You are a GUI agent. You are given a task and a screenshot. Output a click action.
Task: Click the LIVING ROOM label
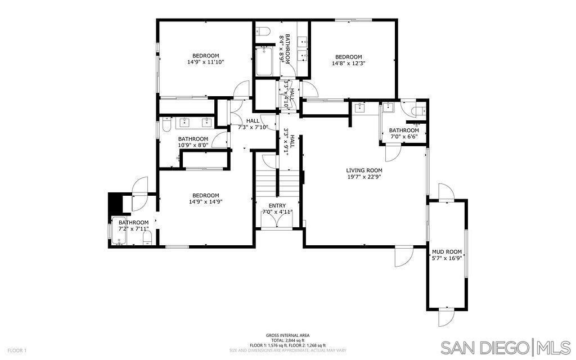pos(364,170)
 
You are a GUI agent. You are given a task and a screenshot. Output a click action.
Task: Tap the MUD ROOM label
pos(447,252)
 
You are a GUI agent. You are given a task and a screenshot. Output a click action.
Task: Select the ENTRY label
pos(277,206)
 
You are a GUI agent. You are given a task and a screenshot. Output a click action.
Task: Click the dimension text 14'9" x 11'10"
pos(205,62)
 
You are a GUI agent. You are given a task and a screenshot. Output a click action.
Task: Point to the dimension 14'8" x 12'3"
pos(348,64)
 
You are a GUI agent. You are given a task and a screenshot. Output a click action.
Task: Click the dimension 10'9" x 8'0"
pos(193,145)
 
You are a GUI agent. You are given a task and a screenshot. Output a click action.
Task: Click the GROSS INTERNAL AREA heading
pos(287,335)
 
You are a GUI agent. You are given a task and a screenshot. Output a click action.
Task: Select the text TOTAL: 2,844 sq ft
pos(287,340)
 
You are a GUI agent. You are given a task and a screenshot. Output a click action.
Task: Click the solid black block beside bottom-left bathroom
pos(116,201)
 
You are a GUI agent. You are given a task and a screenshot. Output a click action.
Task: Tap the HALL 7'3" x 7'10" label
pos(253,124)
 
